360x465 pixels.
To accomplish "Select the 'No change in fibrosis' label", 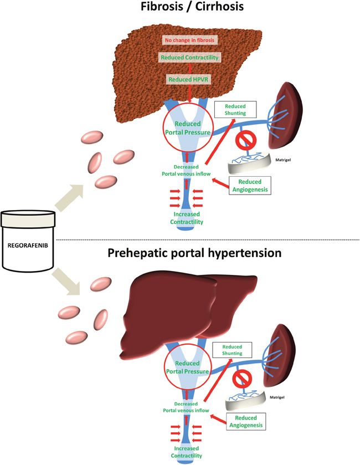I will [189, 40].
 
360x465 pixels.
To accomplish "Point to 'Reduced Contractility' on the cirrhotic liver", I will [189, 58].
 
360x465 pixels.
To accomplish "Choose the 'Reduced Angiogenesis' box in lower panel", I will [246, 423].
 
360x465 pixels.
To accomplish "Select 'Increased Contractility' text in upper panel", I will [189, 217].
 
